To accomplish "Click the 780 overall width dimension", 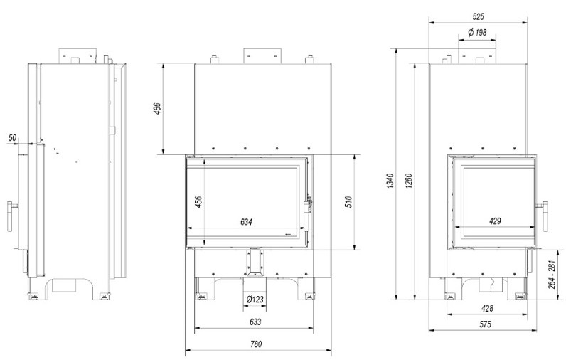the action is click(x=256, y=344).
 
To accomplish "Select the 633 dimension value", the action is click(x=255, y=322).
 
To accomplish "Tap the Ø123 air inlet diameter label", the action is click(x=255, y=299).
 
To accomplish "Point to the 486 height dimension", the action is click(x=157, y=108).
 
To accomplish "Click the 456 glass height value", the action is click(x=198, y=201).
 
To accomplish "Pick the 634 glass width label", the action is click(x=246, y=222).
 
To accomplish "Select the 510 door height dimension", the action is click(x=348, y=202).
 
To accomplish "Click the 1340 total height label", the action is click(x=390, y=181).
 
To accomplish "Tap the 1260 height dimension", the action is click(x=408, y=181).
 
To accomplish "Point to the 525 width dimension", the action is click(x=479, y=16).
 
